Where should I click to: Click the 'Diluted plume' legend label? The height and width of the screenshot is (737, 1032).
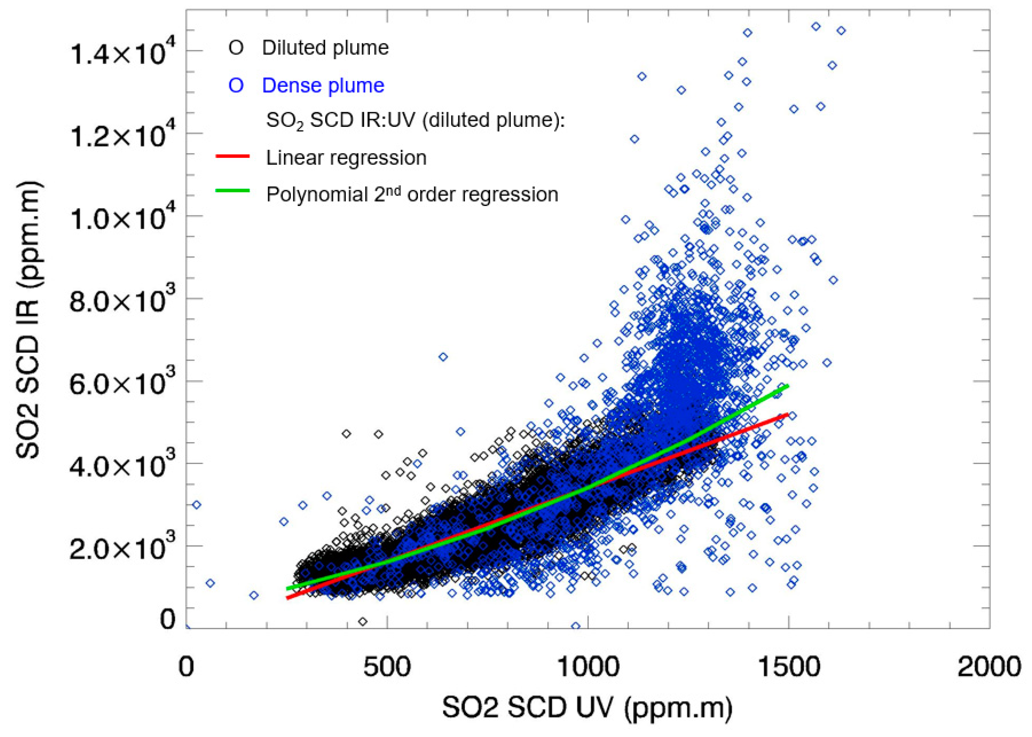coord(325,48)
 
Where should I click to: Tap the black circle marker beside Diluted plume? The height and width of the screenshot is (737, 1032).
coord(236,48)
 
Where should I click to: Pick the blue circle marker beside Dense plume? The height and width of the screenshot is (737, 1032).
coord(236,85)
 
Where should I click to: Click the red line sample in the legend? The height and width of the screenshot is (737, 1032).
coord(232,156)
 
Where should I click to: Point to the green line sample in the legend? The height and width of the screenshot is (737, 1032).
coord(232,190)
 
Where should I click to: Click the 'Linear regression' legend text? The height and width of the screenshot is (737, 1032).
coord(346,158)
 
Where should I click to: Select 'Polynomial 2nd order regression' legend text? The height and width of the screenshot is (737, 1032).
coord(412,194)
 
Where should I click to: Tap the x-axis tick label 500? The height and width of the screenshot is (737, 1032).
coord(387,667)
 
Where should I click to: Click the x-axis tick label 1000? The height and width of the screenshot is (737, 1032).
coord(588,667)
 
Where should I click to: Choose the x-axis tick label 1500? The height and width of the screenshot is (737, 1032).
coord(789,667)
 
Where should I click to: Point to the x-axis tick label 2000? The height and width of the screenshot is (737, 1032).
coord(989,667)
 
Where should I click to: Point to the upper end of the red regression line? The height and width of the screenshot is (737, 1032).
coord(788,414)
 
